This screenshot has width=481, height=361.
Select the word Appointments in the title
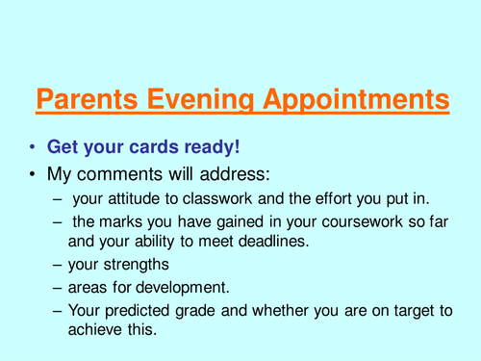[354, 99]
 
